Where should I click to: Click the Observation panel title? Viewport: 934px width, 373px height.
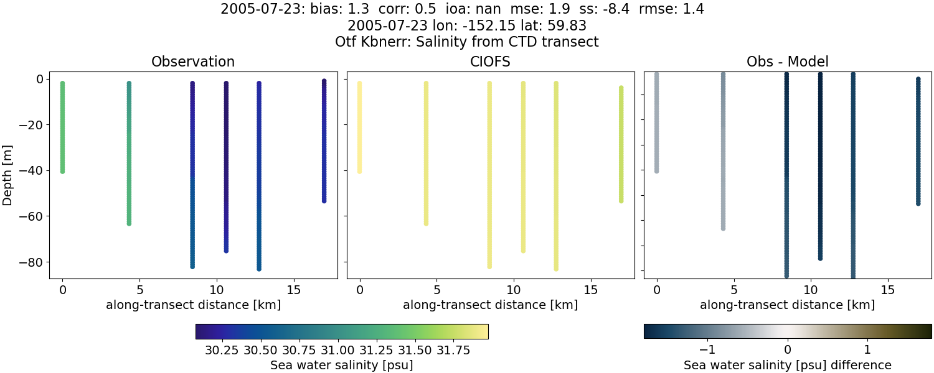(193, 62)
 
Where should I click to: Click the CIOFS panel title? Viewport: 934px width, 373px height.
(490, 62)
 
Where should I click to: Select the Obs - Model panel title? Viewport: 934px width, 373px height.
(787, 62)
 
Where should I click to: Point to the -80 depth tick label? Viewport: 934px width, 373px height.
(32, 262)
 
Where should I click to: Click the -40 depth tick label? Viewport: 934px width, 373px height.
(32, 170)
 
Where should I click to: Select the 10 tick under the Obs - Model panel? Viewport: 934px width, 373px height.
(811, 290)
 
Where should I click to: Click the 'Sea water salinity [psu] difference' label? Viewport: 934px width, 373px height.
(787, 365)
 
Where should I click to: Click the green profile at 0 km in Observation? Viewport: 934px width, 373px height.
(62, 127)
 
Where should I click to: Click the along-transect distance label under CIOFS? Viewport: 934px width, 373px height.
(490, 305)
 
